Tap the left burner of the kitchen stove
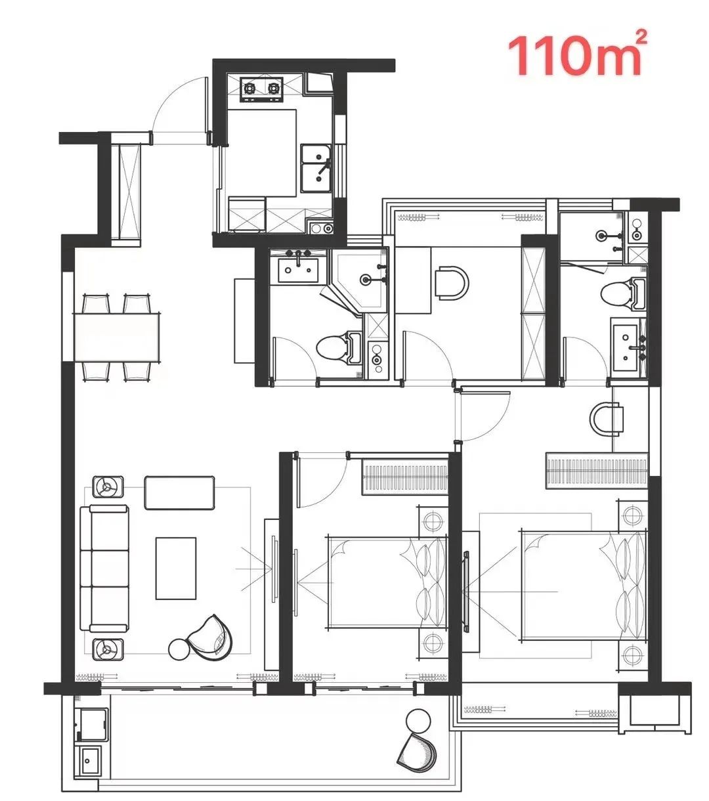(x=250, y=88)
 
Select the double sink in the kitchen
(x=316, y=168)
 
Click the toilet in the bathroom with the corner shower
(x=339, y=347)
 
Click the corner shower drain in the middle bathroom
(x=366, y=279)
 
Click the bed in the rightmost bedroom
(x=583, y=586)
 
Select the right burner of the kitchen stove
(x=274, y=88)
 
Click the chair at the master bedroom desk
(x=606, y=418)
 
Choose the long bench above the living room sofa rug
(x=179, y=492)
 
